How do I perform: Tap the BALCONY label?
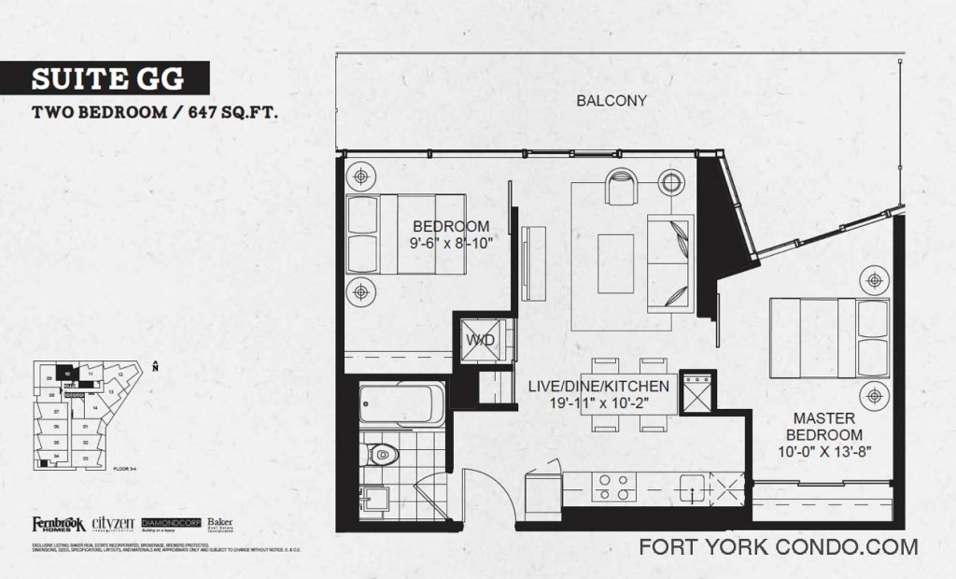click(612, 101)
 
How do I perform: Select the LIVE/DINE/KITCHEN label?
click(612, 387)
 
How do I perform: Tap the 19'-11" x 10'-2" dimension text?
click(612, 403)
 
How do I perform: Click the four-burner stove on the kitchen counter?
click(613, 487)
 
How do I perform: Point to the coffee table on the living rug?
click(616, 255)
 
